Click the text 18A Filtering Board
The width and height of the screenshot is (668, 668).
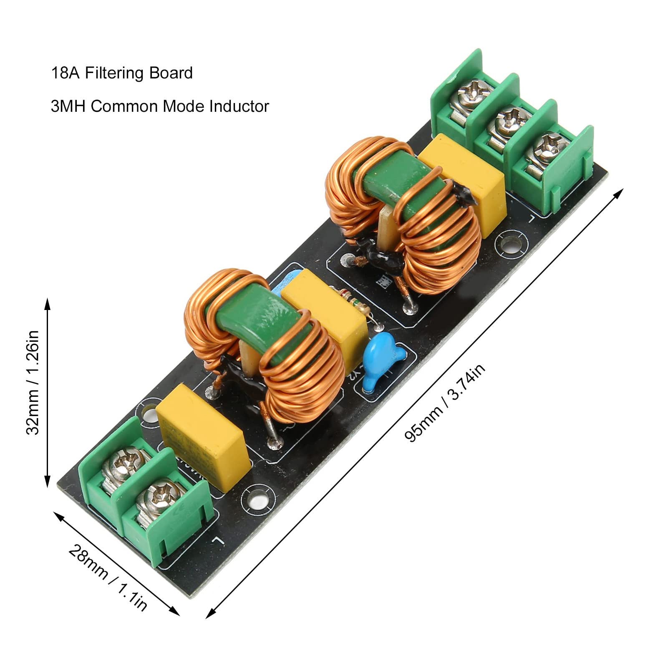point(122,73)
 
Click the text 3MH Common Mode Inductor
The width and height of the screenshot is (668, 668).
point(160,106)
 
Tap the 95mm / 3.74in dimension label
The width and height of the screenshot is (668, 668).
point(445,402)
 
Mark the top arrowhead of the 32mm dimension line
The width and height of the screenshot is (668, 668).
point(47,301)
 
